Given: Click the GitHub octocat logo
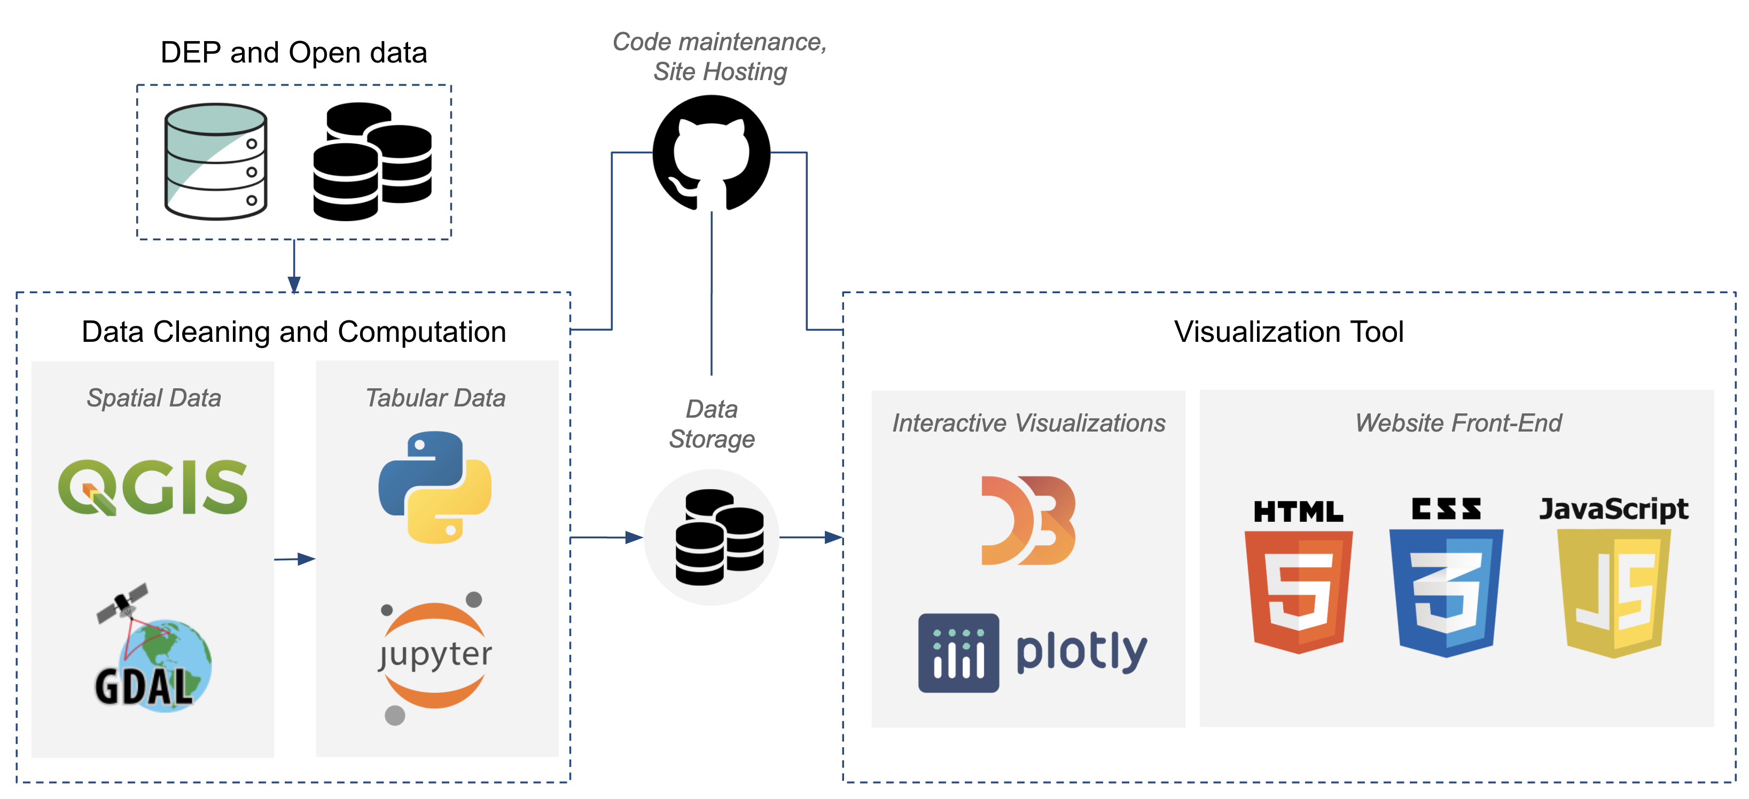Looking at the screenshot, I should click(711, 153).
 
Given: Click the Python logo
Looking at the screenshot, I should click(434, 487).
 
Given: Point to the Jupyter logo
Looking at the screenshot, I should click(434, 656).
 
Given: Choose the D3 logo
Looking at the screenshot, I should click(1028, 521).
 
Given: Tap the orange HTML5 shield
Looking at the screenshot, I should click(1298, 591).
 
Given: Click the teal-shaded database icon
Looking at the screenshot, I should click(216, 162).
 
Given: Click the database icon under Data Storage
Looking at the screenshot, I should click(719, 538).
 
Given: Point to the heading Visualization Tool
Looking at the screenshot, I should click(1288, 332).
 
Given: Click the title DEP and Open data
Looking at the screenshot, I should click(293, 53).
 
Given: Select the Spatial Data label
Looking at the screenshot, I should click(154, 398).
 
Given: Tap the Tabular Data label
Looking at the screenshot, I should click(435, 398).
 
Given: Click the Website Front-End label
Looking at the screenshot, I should click(1458, 423).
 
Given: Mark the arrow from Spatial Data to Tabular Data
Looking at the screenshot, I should click(295, 559).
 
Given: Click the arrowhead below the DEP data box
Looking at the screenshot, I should click(294, 284).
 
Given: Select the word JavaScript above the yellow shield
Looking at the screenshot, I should click(1613, 508).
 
